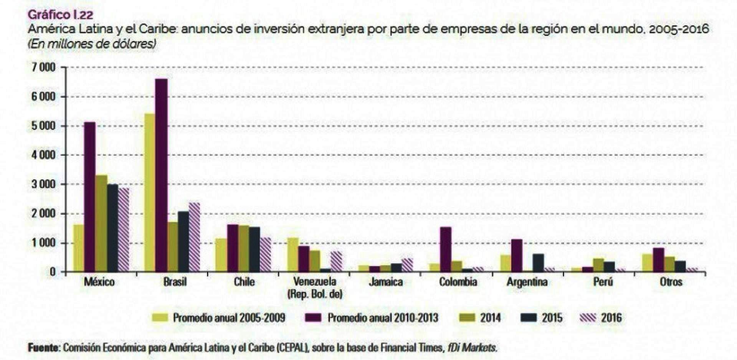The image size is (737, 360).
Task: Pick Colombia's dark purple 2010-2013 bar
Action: [446, 249]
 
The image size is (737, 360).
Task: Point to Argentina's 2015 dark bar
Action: [538, 263]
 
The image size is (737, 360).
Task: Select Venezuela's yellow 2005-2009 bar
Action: [293, 255]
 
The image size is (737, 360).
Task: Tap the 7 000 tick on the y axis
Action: [43, 68]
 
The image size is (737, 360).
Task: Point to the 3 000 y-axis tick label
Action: [43, 184]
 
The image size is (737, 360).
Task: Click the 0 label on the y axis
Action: [53, 272]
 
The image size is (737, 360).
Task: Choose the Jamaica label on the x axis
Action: [386, 282]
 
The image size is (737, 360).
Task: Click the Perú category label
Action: [603, 282]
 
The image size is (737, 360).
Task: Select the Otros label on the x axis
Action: [671, 282]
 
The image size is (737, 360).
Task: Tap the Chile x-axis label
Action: [244, 282]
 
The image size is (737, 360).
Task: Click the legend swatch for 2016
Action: [588, 318]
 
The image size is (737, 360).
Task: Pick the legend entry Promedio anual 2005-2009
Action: [229, 318]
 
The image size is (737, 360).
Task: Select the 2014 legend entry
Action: [490, 318]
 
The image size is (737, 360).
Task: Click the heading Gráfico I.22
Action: [60, 15]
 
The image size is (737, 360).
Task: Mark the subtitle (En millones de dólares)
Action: [91, 44]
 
